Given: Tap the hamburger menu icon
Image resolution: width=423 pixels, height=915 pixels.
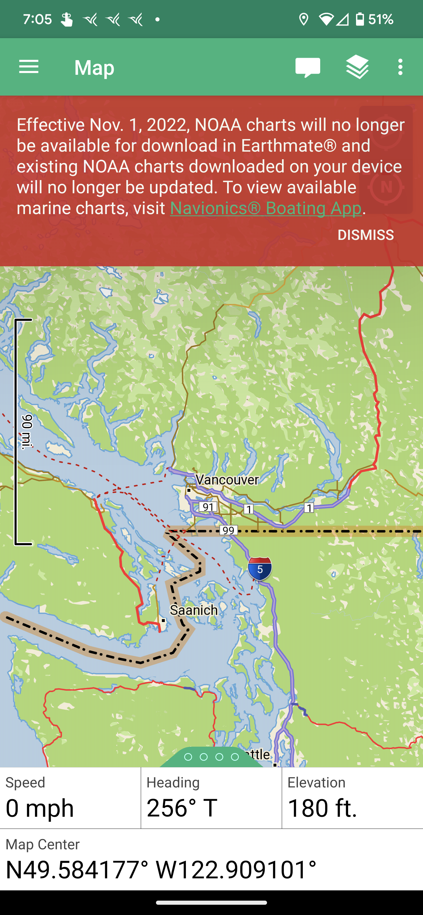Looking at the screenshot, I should point(28,67).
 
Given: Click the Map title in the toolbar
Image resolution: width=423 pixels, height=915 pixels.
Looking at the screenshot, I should point(94,67).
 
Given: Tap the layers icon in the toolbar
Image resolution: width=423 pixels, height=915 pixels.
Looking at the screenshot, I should point(357,67).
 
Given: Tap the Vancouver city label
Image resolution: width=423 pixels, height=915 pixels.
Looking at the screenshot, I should point(227,480).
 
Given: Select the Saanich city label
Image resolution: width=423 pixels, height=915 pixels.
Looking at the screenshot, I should point(194,610).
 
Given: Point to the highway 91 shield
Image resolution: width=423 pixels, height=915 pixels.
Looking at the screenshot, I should point(208,506).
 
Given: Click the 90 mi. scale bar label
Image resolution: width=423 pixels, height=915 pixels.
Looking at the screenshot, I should point(27,432).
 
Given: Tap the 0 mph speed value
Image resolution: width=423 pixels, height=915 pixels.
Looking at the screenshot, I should point(40,808).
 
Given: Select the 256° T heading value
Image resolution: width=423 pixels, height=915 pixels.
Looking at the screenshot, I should point(182,808).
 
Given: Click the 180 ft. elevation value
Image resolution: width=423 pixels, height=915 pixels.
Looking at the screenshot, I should point(322,808).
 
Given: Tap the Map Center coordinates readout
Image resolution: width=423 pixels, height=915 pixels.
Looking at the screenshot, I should point(161,870).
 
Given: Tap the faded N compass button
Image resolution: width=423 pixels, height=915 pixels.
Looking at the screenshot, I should point(386,187).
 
